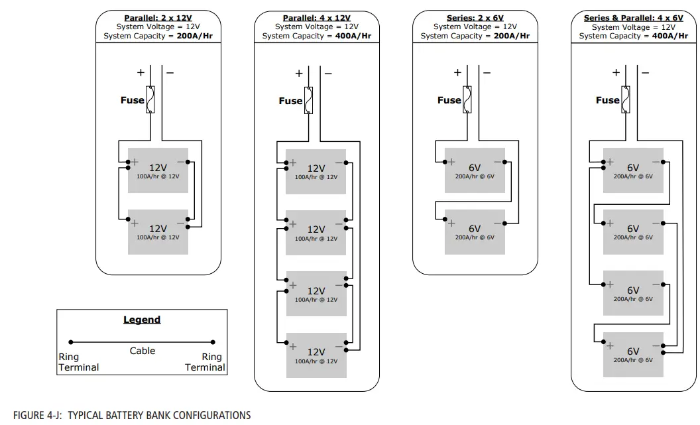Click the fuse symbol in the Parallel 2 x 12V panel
tap(150, 99)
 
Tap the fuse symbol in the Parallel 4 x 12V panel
tap(308, 100)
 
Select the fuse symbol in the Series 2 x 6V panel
tap(467, 99)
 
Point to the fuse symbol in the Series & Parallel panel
tap(626, 99)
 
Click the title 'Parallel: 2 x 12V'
tap(158, 18)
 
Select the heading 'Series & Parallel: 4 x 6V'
tap(634, 18)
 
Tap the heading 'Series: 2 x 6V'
tap(475, 18)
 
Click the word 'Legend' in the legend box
tap(142, 320)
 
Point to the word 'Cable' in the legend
tap(143, 351)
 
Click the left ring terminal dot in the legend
tap(71, 342)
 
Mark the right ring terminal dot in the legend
tap(213, 342)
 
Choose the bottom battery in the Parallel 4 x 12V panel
tap(316, 355)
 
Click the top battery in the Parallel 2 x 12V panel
tap(158, 170)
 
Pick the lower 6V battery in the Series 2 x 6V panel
tap(475, 232)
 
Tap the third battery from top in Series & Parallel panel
tap(634, 293)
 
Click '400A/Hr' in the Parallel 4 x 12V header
tap(353, 36)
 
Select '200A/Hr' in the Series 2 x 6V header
tap(512, 36)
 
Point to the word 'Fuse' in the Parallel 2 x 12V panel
tap(132, 100)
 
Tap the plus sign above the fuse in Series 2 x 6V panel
tap(457, 72)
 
